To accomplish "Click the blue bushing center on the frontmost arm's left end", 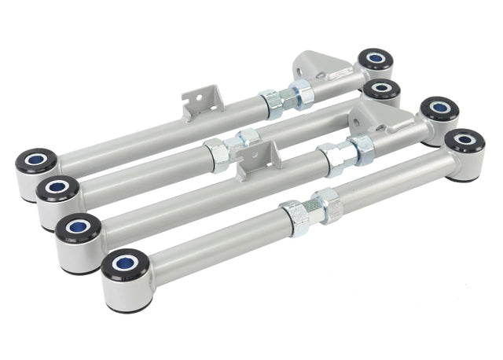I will [124, 263].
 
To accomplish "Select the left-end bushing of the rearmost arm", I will [35, 161].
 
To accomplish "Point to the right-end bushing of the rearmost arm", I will [376, 59].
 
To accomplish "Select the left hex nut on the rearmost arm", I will [271, 103].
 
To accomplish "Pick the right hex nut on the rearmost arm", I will [300, 94].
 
